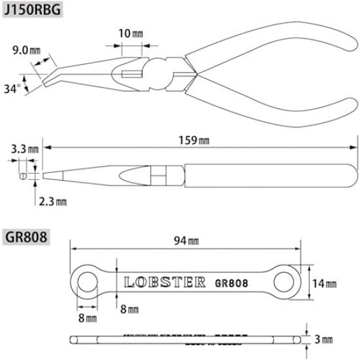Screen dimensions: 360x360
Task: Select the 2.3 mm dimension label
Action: coord(52,202)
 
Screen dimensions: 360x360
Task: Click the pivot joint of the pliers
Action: coord(160,75)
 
